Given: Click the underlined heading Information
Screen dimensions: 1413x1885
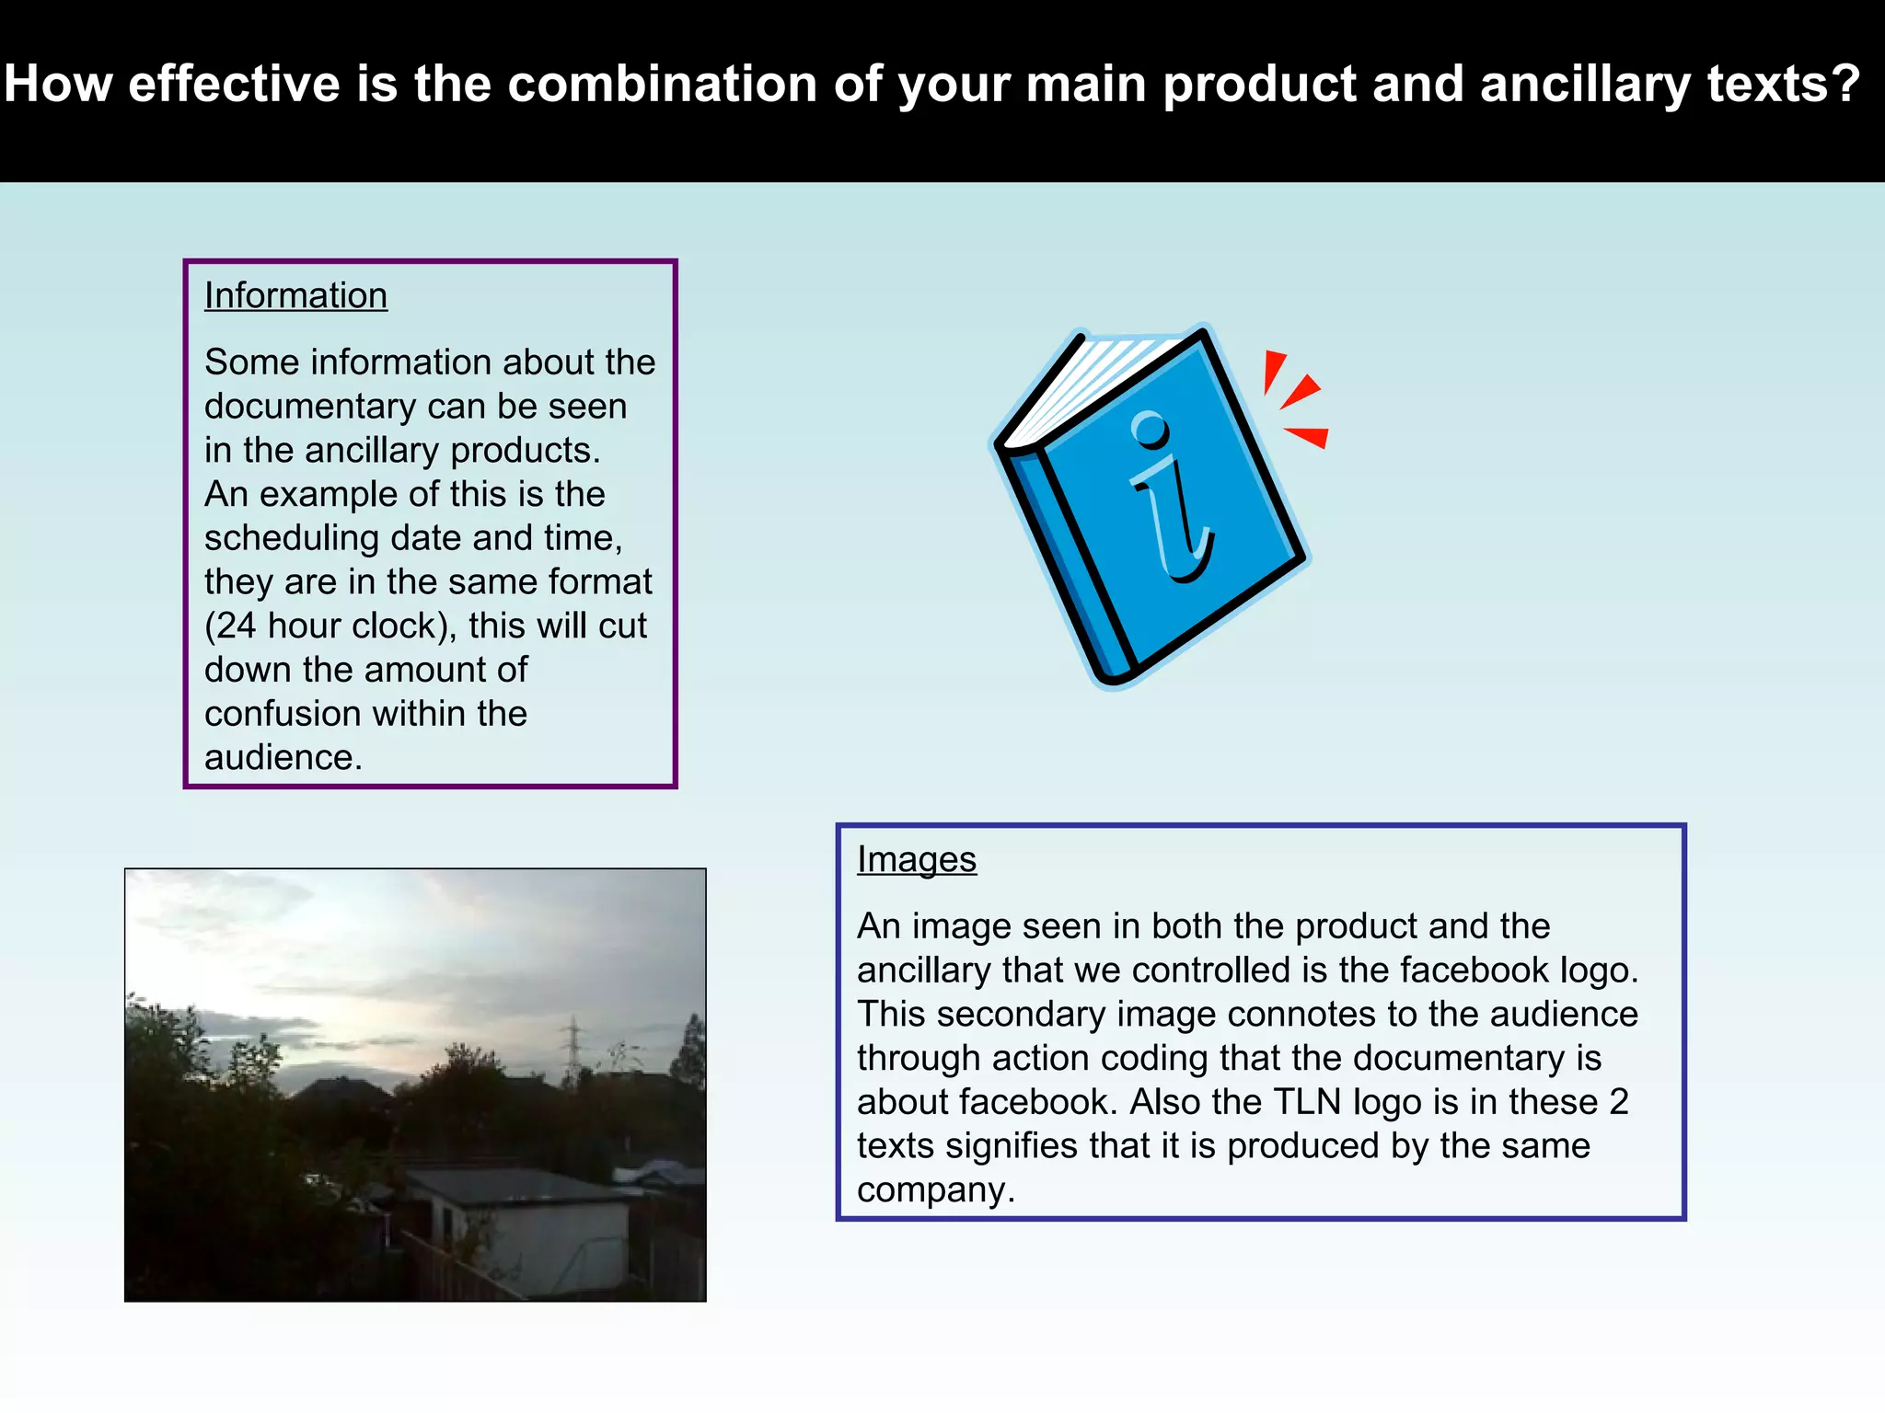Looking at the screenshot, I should [295, 295].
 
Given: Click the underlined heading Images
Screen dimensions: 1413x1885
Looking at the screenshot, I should [916, 859].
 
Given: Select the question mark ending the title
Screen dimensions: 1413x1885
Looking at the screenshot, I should [1845, 84].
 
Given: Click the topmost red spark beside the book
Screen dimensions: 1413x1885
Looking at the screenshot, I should [1273, 370].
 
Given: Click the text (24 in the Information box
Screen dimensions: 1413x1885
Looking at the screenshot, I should [230, 626].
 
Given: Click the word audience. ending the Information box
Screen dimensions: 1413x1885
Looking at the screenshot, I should [283, 758].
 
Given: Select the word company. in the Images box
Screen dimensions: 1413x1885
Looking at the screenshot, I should [935, 1190].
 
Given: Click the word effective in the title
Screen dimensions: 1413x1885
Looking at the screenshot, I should [235, 84].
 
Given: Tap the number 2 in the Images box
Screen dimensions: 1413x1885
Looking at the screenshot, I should [1618, 1102].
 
